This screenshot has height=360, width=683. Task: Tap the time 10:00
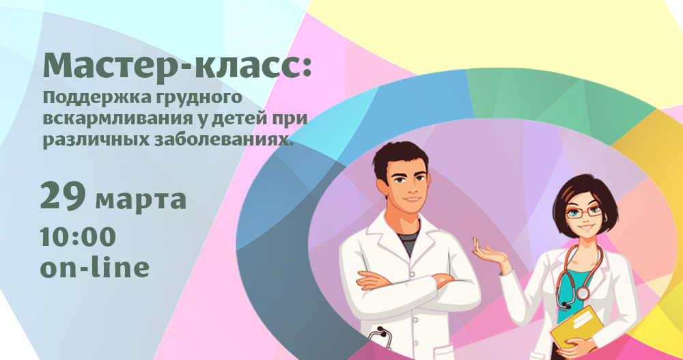pyautogui.click(x=78, y=237)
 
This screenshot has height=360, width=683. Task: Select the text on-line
pyautogui.click(x=94, y=267)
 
